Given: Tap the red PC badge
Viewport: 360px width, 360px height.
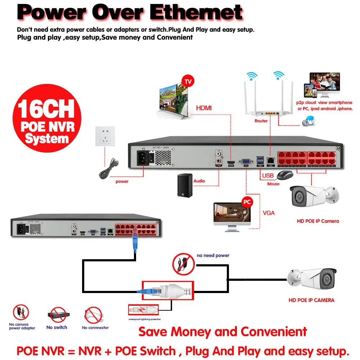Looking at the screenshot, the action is [x=247, y=202].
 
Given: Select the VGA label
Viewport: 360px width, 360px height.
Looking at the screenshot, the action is [x=269, y=213].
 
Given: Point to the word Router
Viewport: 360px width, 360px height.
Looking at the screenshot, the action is [x=261, y=121].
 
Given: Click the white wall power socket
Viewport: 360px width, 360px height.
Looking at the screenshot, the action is [x=105, y=136].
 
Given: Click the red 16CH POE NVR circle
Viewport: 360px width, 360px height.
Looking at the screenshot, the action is [x=47, y=118].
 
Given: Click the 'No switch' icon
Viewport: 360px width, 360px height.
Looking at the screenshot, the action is [x=57, y=316].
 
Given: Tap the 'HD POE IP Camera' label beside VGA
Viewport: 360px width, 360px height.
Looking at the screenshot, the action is [x=318, y=221].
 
